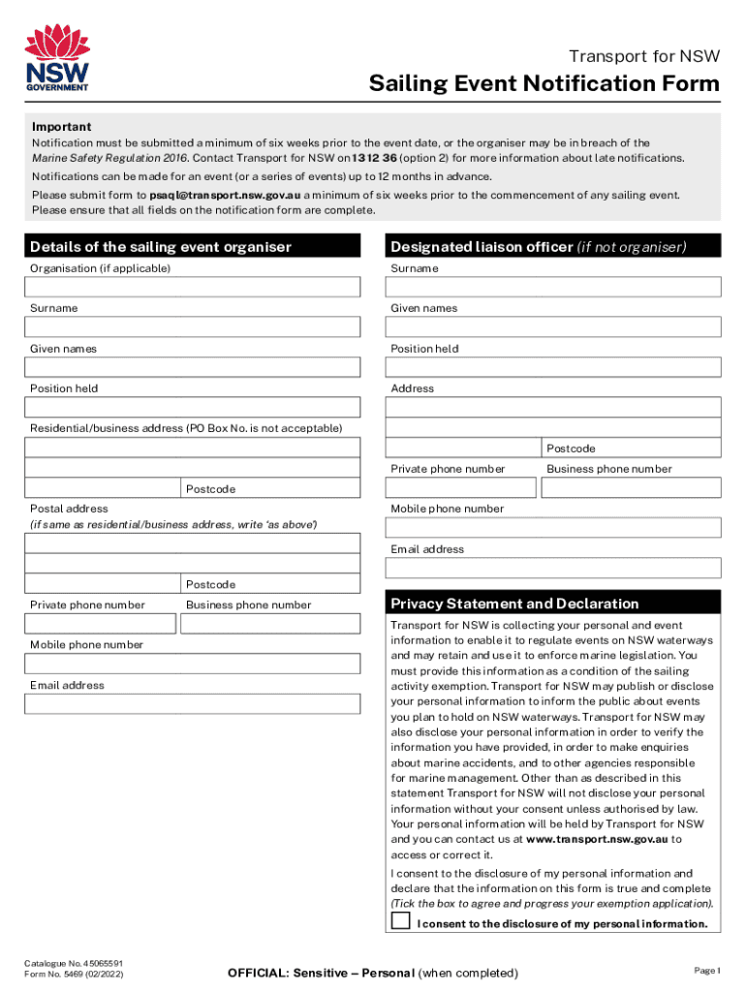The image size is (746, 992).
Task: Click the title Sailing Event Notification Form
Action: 544,84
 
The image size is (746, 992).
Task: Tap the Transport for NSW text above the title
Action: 643,55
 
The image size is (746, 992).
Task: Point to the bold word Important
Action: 62,127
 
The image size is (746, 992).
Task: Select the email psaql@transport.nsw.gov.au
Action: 225,195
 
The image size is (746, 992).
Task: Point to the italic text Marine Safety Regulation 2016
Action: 110,158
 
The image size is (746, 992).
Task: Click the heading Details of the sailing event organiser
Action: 161,247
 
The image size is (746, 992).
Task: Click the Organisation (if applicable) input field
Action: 193,287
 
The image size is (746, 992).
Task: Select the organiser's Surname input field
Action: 193,327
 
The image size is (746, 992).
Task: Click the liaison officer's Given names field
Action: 553,327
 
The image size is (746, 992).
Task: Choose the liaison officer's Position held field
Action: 553,367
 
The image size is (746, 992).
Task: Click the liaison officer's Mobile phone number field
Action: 553,527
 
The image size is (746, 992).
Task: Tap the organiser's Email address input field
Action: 193,704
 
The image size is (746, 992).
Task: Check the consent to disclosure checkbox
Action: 401,920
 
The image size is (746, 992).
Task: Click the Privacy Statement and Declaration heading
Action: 514,604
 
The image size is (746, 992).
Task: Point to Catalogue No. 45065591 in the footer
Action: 73,963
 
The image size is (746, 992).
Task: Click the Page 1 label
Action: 706,970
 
